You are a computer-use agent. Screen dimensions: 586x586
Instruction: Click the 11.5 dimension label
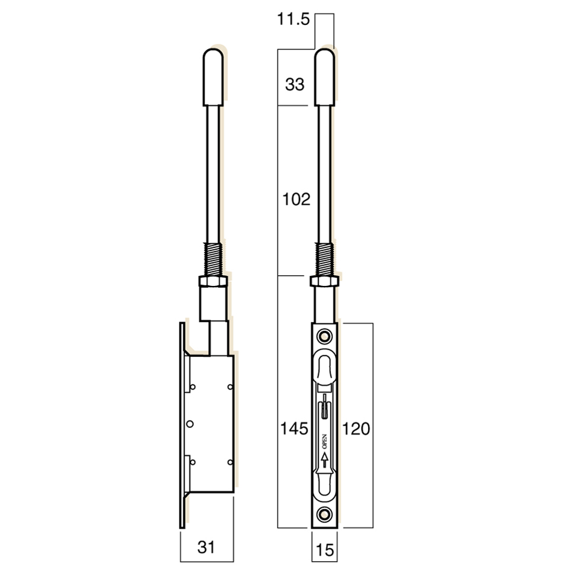pos(293,20)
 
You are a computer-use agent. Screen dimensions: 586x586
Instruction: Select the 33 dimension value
pos(294,85)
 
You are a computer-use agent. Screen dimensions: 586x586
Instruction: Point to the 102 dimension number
pos(296,199)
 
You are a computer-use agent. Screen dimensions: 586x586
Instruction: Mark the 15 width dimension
pos(324,550)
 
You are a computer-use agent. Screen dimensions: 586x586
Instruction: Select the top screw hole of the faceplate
pos(324,336)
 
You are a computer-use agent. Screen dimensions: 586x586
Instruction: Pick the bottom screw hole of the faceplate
pos(324,513)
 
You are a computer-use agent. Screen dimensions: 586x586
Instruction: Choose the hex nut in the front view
pos(324,281)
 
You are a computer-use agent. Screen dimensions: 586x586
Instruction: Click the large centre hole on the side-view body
pos(191,424)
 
